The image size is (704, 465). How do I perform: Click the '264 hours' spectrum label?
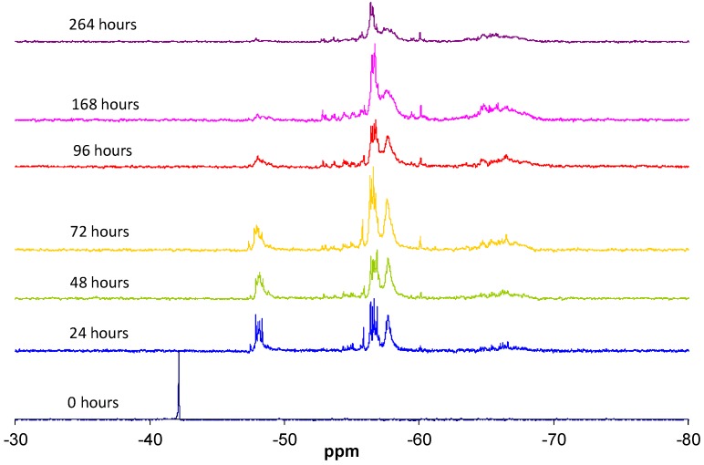pos(102,25)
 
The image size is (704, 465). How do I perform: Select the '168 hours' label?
pos(105,105)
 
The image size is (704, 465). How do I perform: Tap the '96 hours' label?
pos(102,150)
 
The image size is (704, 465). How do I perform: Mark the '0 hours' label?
pos(92,402)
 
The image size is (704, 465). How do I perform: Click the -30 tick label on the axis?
pos(16,436)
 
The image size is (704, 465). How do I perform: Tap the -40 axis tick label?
pos(150,436)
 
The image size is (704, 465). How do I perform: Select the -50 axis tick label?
pos(284,436)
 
